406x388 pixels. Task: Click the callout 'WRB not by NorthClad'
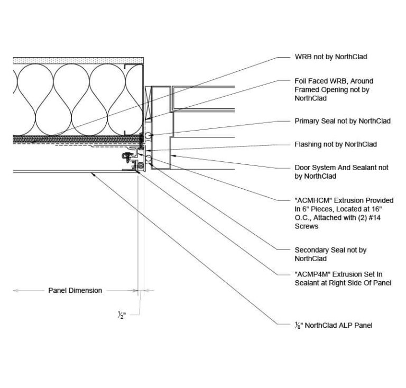coord(330,57)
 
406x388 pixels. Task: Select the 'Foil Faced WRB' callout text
coord(334,89)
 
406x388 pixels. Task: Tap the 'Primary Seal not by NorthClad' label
coord(342,121)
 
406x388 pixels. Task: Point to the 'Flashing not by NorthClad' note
coord(335,144)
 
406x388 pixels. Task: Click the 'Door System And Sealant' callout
coord(341,172)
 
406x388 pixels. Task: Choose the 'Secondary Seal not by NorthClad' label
coord(330,254)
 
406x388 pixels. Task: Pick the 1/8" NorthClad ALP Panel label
coord(333,325)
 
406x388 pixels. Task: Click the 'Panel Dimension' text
coord(75,290)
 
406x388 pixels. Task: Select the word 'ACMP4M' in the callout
coord(312,274)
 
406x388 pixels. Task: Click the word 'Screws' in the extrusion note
coord(306,226)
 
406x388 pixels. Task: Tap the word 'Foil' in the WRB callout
coord(301,81)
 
